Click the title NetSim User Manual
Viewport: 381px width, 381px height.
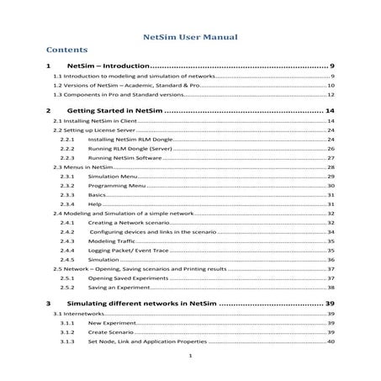(190, 37)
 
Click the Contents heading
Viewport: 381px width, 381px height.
(67, 50)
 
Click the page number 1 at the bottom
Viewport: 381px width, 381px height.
(191, 357)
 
